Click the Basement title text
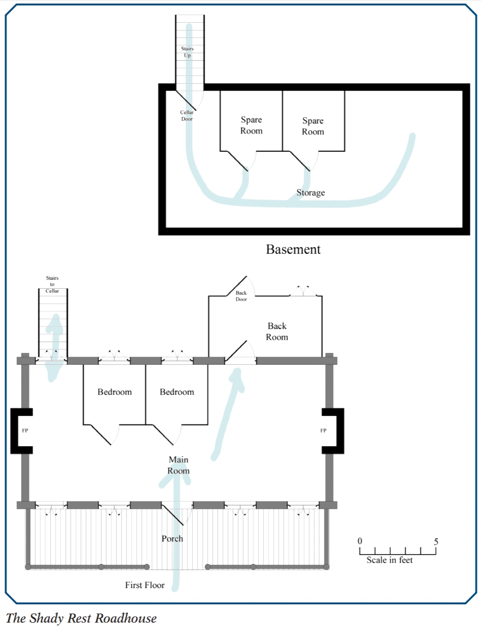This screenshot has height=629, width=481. [x=293, y=249]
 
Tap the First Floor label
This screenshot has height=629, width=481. [x=144, y=585]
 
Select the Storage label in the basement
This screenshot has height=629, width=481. [x=310, y=193]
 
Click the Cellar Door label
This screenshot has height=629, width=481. [x=187, y=116]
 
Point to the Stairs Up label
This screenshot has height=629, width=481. [x=187, y=52]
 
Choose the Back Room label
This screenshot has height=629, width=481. [x=277, y=332]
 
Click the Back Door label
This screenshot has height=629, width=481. [x=241, y=296]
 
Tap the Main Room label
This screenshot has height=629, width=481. [x=178, y=465]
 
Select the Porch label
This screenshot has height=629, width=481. [x=172, y=539]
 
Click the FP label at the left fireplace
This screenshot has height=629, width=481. [x=25, y=430]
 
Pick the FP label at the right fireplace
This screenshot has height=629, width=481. [x=323, y=430]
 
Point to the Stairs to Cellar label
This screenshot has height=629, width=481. [x=52, y=284]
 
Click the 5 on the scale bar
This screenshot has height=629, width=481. [x=436, y=542]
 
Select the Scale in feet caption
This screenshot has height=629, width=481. [x=389, y=560]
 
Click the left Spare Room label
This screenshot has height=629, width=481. [x=251, y=125]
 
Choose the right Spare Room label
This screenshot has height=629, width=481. [x=313, y=126]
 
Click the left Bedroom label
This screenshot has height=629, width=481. [x=115, y=392]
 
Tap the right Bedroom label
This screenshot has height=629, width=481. [x=177, y=392]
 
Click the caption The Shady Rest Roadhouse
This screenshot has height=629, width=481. [x=81, y=618]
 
